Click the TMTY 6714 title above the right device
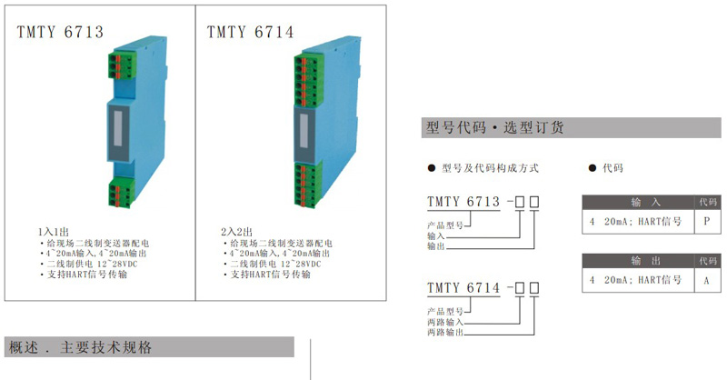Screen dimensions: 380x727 coord(250,33)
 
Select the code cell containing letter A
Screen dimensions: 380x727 coord(706,280)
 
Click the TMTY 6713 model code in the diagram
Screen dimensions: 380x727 coord(463,201)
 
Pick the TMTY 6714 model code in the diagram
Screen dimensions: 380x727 coord(463,289)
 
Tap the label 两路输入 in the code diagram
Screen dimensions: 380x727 coord(446,323)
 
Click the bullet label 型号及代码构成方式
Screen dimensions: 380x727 coord(490,168)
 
